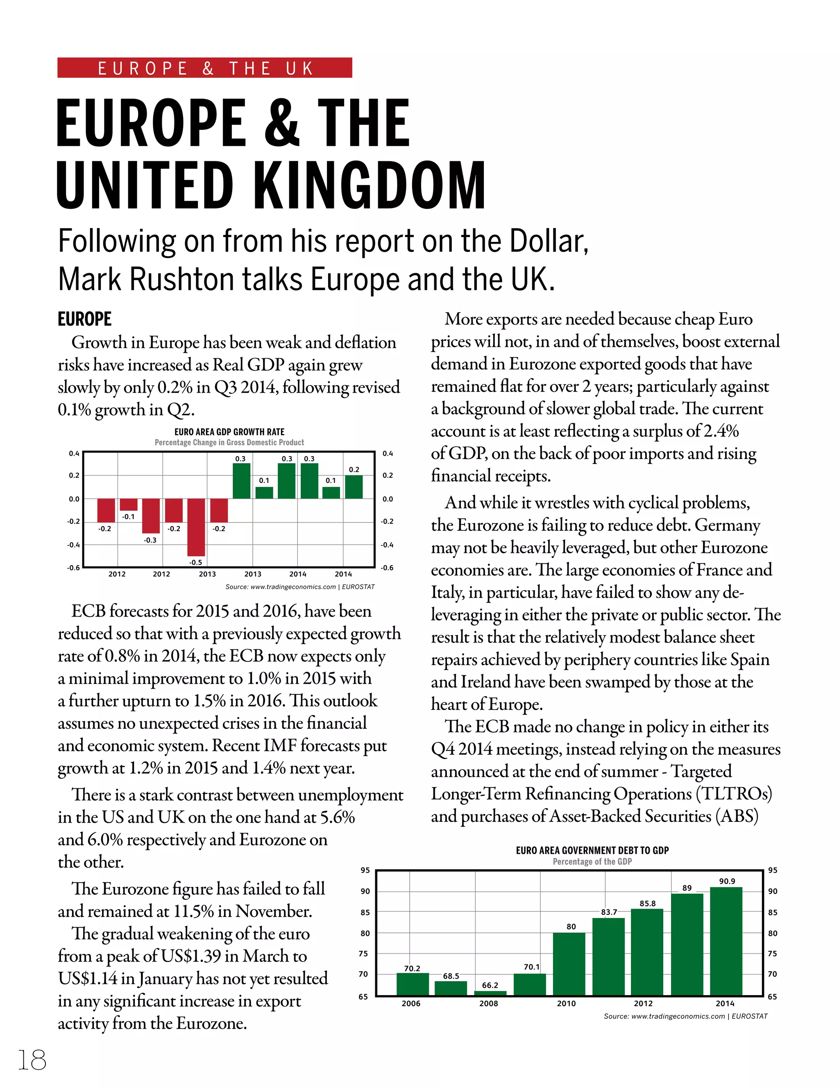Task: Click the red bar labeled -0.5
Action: pyautogui.click(x=196, y=527)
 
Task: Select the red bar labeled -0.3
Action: pyautogui.click(x=150, y=516)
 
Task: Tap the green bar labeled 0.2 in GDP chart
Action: pyautogui.click(x=354, y=487)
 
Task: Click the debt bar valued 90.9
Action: pyautogui.click(x=726, y=941)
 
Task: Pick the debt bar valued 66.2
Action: pyautogui.click(x=490, y=993)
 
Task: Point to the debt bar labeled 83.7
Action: pyautogui.click(x=608, y=957)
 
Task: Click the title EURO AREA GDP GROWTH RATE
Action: pyautogui.click(x=229, y=432)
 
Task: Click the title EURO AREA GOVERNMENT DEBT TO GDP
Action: pyautogui.click(x=592, y=850)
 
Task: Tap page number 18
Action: pyautogui.click(x=32, y=1060)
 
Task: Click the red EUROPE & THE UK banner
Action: pyautogui.click(x=204, y=68)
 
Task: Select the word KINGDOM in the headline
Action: pyautogui.click(x=370, y=185)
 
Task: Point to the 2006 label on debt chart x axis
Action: pyautogui.click(x=411, y=1003)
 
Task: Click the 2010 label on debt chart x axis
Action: pyautogui.click(x=566, y=1003)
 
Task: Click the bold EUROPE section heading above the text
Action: pyautogui.click(x=84, y=319)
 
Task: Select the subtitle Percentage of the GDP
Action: pyautogui.click(x=592, y=861)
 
